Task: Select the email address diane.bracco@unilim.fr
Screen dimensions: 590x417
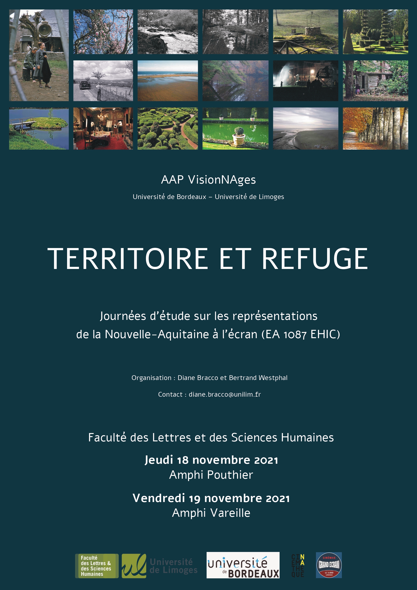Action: click(225, 395)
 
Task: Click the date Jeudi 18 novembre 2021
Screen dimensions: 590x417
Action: click(211, 460)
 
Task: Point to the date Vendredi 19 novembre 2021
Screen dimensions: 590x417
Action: click(211, 498)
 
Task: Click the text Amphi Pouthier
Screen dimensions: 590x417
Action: click(211, 475)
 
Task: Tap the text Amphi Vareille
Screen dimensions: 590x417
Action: click(211, 513)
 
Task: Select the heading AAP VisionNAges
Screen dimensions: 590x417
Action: click(208, 180)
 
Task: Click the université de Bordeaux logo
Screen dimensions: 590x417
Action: click(243, 565)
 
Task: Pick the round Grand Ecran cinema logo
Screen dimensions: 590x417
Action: click(329, 565)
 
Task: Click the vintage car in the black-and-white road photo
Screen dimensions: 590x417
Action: click(84, 85)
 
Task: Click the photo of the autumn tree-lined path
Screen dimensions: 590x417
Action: click(375, 128)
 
